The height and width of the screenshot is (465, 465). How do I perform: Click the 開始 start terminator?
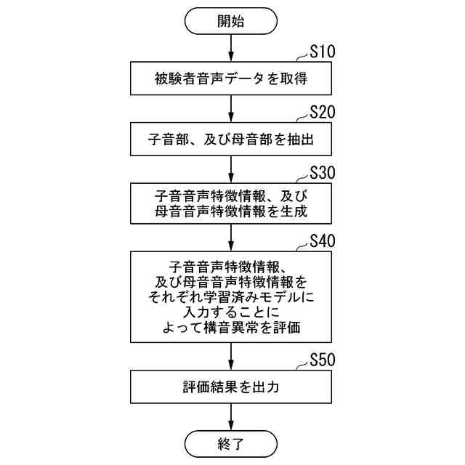[231, 22]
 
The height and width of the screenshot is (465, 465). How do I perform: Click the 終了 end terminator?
[231, 442]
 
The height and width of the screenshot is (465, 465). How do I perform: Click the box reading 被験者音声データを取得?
[231, 78]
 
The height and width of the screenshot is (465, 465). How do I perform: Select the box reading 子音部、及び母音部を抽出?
[231, 138]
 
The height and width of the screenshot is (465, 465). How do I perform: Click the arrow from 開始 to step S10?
[231, 48]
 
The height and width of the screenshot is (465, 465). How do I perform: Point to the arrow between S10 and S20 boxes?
[231, 108]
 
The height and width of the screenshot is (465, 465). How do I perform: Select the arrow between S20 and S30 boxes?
[231, 169]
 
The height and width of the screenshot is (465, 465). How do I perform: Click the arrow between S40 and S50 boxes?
[231, 356]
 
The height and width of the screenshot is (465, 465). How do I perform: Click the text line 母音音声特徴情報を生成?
[231, 212]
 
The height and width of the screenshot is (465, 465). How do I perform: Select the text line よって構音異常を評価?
[231, 328]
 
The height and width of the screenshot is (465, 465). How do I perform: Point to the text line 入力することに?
[231, 312]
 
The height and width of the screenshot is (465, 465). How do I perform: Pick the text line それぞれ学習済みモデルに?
[231, 296]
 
